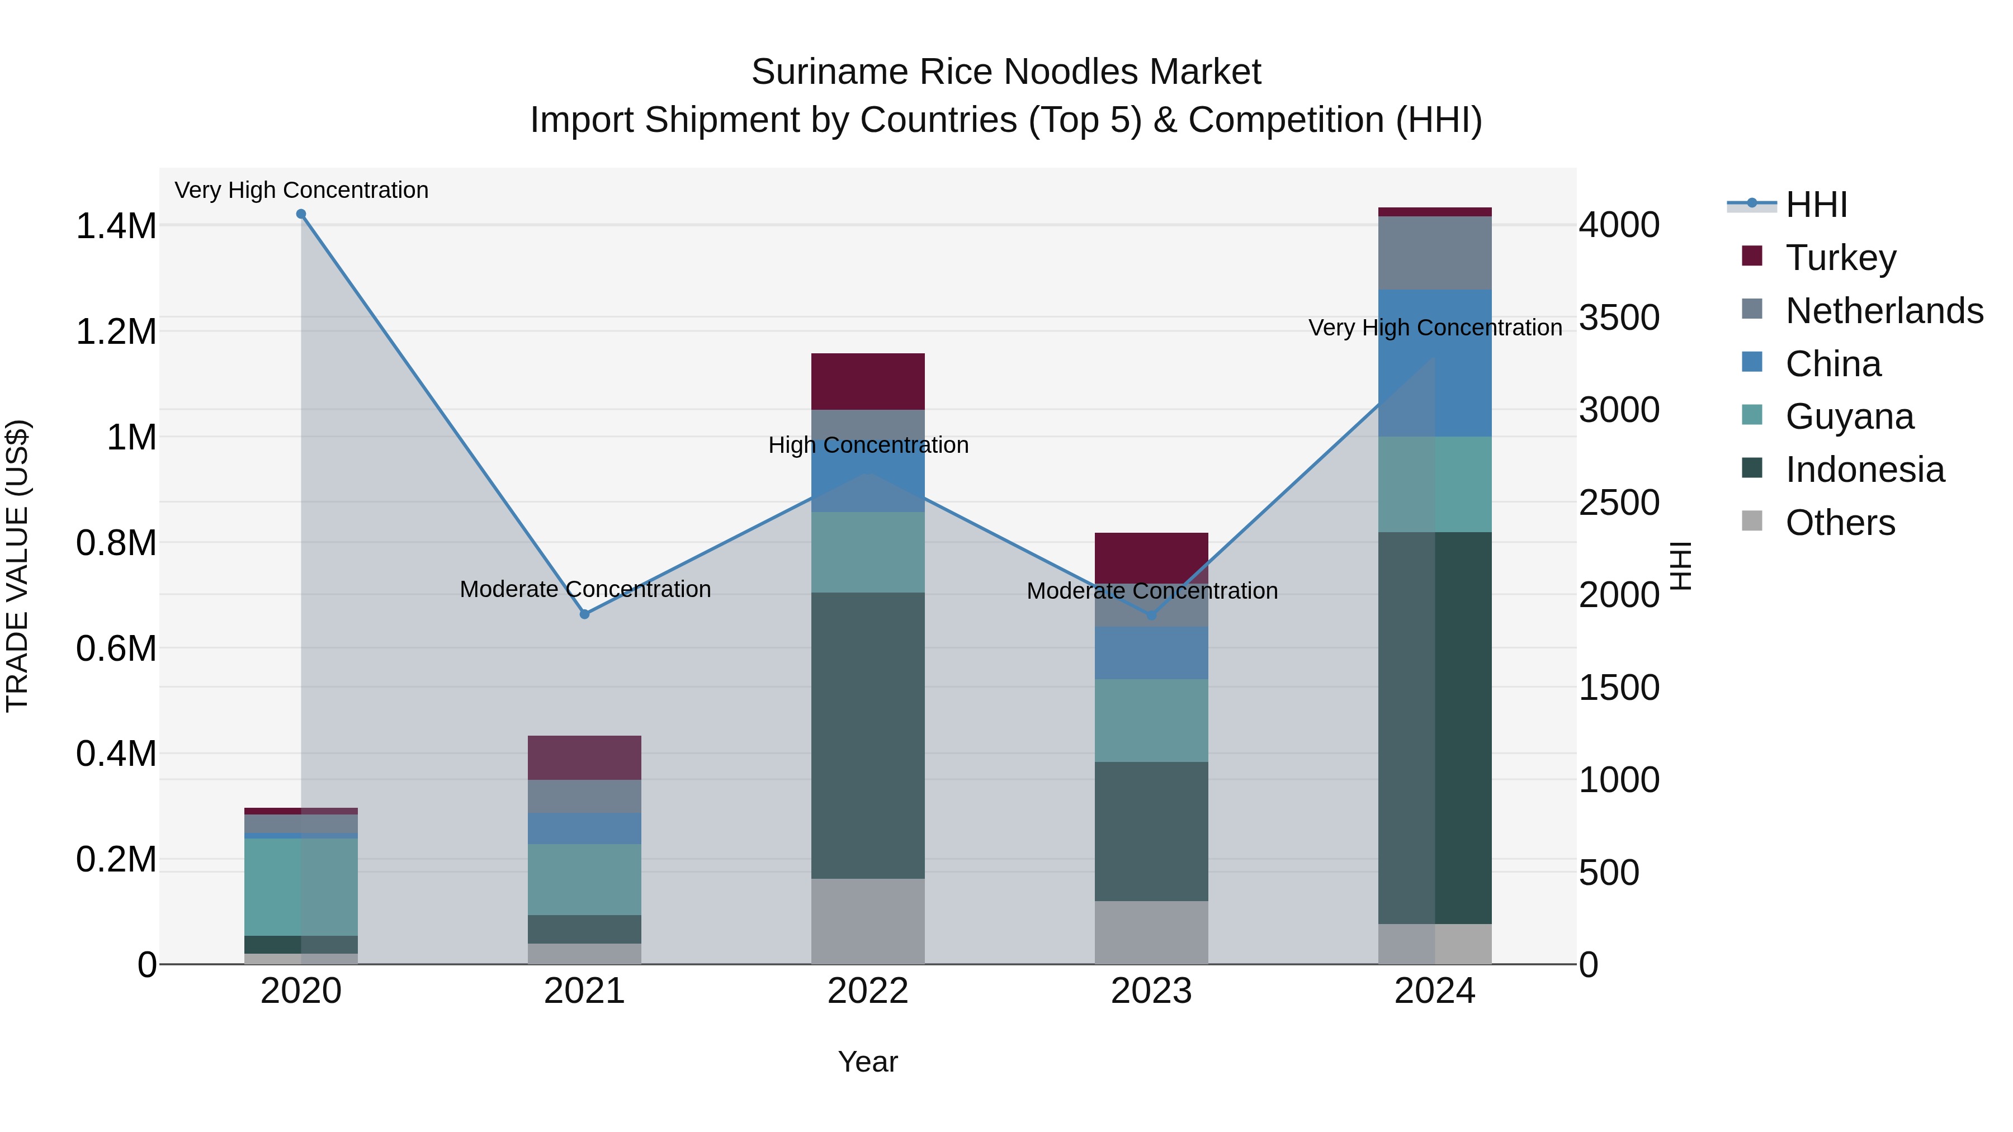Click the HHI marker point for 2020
pyautogui.click(x=301, y=214)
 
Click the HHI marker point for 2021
pyautogui.click(x=584, y=614)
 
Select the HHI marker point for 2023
pyautogui.click(x=1151, y=615)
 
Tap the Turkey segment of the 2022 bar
pyautogui.click(x=867, y=381)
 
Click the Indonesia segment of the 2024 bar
pyautogui.click(x=1435, y=727)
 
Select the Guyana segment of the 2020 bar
pyautogui.click(x=301, y=887)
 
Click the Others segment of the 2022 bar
pyautogui.click(x=867, y=921)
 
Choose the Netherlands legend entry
pyautogui.click(x=1883, y=311)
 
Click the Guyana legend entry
pyautogui.click(x=1849, y=416)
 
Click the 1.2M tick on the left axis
pyautogui.click(x=116, y=332)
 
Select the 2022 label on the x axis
pyautogui.click(x=867, y=991)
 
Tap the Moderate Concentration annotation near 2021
pyautogui.click(x=584, y=589)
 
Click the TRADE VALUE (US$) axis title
pyautogui.click(x=17, y=566)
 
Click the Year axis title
pyautogui.click(x=867, y=1062)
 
